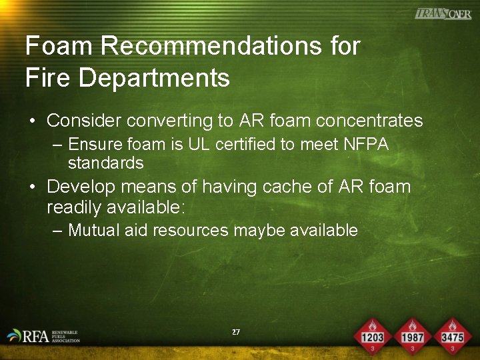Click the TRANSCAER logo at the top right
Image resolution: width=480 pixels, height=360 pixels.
coord(443,14)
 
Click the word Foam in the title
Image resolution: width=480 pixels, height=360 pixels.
coord(55,47)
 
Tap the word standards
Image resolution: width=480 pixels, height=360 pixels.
coord(105,163)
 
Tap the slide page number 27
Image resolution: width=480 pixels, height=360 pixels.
coord(235,331)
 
